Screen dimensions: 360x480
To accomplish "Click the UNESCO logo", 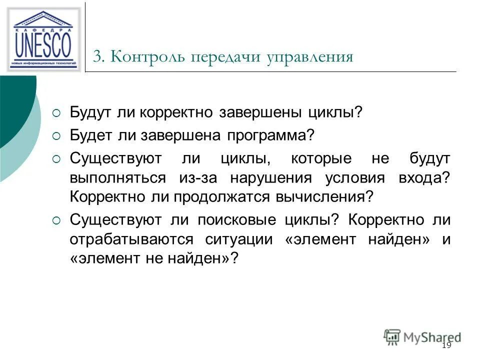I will point(44,39).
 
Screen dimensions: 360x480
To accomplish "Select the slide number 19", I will point(446,346).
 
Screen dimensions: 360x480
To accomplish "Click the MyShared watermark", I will point(422,336).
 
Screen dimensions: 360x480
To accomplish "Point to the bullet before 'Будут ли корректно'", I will point(56,111).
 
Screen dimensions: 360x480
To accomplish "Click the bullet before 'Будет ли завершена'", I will point(56,135).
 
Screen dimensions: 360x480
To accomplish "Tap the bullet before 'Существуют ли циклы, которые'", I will point(56,159).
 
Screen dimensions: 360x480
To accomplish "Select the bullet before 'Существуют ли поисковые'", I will point(56,220).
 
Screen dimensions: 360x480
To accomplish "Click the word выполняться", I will point(118,178).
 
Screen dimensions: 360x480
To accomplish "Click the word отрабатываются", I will point(131,239).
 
